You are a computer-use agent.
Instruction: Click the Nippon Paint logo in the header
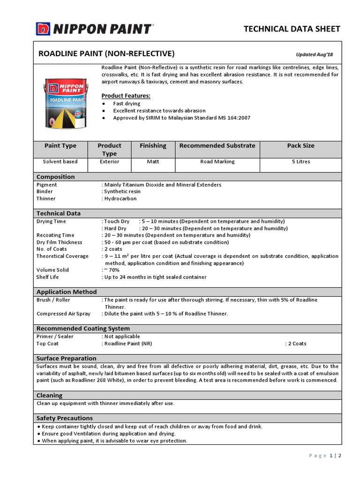[x=94, y=29]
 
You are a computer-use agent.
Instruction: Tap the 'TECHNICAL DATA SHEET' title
[x=292, y=29]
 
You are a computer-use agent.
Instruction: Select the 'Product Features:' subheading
[x=126, y=96]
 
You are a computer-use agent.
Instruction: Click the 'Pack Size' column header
[x=300, y=146]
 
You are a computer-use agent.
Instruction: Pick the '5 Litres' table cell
[x=300, y=162]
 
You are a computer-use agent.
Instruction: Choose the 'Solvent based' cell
[x=60, y=162]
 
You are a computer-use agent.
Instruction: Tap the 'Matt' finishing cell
[x=153, y=162]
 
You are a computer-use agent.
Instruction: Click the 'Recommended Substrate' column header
[x=217, y=146]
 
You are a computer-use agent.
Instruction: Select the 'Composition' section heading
[x=55, y=177]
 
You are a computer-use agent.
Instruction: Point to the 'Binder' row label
[x=45, y=191]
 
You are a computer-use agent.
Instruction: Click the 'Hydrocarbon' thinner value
[x=120, y=198]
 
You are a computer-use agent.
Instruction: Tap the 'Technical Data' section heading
[x=59, y=213]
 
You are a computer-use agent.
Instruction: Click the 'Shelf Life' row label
[x=47, y=277]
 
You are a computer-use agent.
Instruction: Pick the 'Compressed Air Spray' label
[x=63, y=314]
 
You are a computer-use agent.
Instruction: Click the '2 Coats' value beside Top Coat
[x=296, y=344]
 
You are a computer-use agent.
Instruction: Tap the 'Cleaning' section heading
[x=49, y=395]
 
